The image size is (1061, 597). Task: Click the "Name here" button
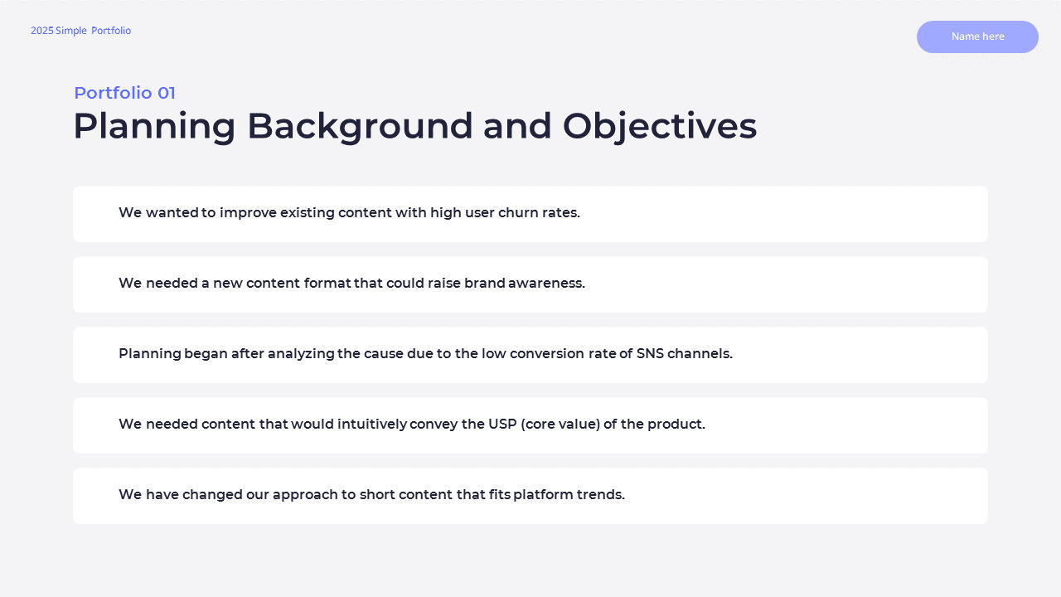click(x=977, y=36)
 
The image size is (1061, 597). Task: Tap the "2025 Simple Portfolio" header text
click(x=80, y=31)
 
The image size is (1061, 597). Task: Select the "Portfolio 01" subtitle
click(x=124, y=93)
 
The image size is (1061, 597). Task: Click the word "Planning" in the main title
click(x=154, y=127)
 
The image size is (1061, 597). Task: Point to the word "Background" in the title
click(x=360, y=127)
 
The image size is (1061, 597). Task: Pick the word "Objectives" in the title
click(x=660, y=127)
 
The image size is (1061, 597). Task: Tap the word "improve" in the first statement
click(x=248, y=213)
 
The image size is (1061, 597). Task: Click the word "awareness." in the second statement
click(x=546, y=284)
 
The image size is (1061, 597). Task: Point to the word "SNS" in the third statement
click(x=650, y=354)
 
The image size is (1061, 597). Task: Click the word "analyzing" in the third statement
click(x=301, y=354)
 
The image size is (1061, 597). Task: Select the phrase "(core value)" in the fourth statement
click(x=560, y=424)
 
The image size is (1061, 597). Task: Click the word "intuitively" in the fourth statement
click(x=372, y=425)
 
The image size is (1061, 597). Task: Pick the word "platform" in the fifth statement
click(x=543, y=495)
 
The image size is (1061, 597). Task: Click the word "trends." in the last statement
click(x=601, y=495)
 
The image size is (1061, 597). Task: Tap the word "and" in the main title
click(x=517, y=127)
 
